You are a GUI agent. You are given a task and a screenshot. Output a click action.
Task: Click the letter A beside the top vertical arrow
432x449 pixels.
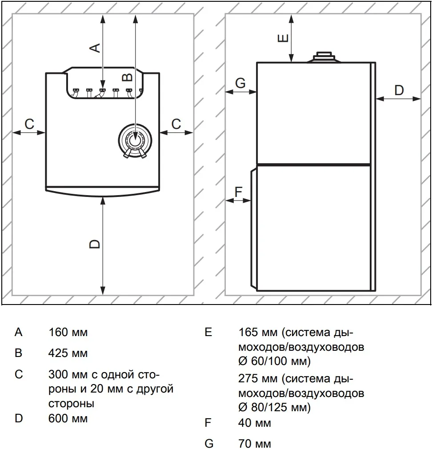click(x=95, y=48)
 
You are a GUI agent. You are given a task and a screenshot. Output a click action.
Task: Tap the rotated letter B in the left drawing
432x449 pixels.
click(x=128, y=77)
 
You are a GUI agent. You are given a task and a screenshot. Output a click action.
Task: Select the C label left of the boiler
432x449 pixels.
click(x=29, y=124)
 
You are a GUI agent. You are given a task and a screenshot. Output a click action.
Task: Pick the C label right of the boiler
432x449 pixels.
click(x=176, y=124)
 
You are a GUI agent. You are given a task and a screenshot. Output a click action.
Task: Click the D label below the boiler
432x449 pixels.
click(x=95, y=244)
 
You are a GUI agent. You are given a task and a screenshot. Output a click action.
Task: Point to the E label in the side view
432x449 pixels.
click(x=283, y=38)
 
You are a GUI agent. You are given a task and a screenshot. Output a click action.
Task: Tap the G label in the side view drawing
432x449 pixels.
click(x=240, y=83)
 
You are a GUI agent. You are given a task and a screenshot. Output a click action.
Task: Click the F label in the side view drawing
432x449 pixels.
click(x=239, y=192)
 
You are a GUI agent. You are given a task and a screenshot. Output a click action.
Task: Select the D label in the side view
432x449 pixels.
click(x=399, y=90)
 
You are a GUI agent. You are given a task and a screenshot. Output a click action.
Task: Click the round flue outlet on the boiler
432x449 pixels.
click(x=135, y=140)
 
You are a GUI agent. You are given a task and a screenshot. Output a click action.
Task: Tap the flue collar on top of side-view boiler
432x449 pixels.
click(x=324, y=57)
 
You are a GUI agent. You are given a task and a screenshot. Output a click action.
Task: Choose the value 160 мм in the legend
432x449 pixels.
click(x=68, y=332)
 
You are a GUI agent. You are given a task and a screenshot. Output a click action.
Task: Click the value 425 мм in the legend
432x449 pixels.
click(x=68, y=353)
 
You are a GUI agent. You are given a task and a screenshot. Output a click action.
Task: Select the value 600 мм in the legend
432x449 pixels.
click(x=68, y=418)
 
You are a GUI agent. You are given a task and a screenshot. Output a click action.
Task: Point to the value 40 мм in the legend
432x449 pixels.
click(x=255, y=423)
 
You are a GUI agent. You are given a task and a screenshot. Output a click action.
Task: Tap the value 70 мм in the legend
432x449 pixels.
click(x=255, y=443)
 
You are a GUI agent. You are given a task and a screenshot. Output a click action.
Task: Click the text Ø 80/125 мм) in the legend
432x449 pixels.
click(x=274, y=407)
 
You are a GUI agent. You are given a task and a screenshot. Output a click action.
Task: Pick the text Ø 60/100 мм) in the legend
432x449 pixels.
click(x=274, y=361)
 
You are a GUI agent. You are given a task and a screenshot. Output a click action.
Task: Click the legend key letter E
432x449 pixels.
click(x=208, y=332)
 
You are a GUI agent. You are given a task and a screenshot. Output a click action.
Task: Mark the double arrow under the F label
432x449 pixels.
click(x=238, y=200)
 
